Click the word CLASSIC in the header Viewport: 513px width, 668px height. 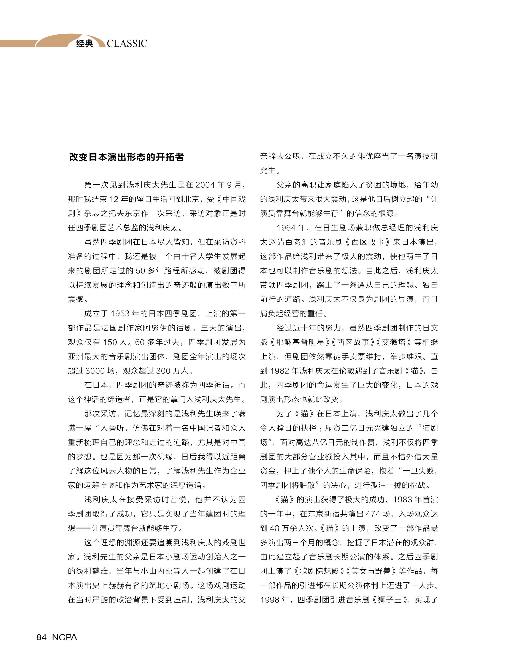[127, 44]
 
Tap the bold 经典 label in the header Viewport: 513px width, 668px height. [85, 44]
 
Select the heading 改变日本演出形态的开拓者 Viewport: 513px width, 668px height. [126, 157]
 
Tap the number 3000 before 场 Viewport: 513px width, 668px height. [95, 371]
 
